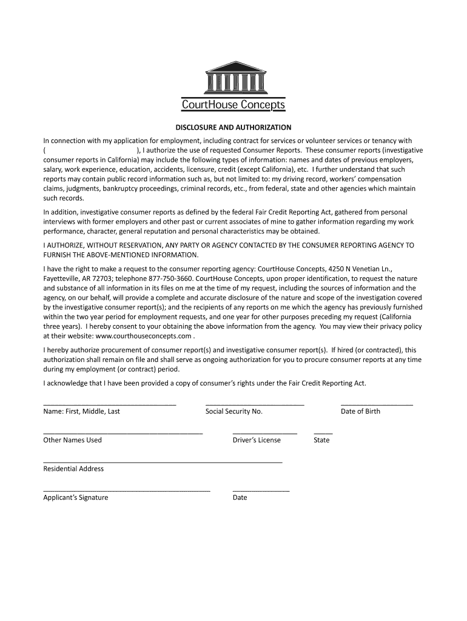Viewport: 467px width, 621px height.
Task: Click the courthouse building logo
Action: (x=233, y=77)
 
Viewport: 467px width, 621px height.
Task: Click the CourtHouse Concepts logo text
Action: (x=233, y=106)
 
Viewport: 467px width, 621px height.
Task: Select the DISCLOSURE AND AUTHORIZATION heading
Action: (x=233, y=128)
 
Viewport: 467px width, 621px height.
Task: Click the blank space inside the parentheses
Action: (x=91, y=150)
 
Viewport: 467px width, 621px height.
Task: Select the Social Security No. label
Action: (x=234, y=411)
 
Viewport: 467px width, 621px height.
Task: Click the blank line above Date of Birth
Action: (x=377, y=404)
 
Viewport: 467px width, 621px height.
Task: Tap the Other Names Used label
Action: (x=73, y=440)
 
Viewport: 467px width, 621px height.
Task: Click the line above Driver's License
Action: (x=265, y=433)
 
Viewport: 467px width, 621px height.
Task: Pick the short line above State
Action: (x=323, y=433)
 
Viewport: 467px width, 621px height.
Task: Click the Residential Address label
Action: (x=73, y=469)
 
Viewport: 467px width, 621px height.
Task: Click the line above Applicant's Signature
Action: (x=127, y=490)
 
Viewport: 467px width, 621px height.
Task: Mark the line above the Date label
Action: (x=261, y=490)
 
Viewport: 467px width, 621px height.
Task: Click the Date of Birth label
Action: (x=360, y=411)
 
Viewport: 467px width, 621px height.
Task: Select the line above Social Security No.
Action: (x=255, y=404)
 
